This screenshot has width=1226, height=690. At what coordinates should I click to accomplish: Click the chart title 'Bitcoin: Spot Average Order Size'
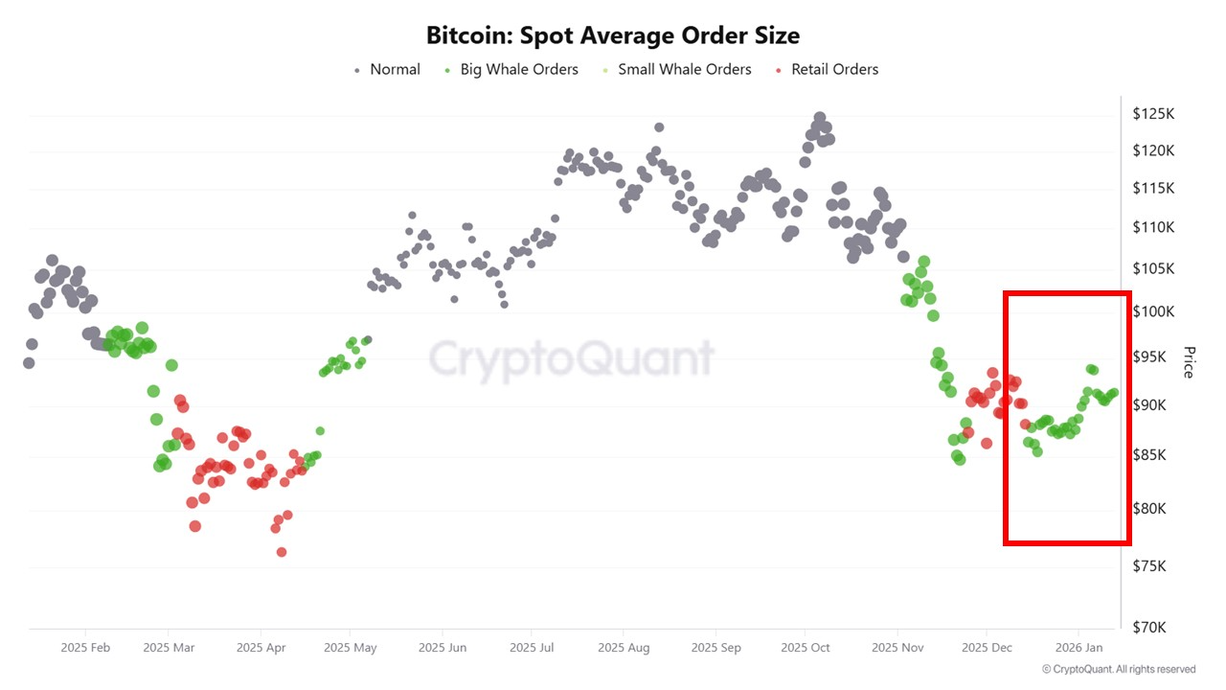613,35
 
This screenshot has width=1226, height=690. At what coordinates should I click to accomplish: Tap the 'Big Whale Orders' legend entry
519,69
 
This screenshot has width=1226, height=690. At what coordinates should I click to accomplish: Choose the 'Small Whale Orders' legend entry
684,69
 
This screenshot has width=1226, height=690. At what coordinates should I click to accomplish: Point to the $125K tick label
1153,114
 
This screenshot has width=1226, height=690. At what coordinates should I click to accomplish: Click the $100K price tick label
1153,311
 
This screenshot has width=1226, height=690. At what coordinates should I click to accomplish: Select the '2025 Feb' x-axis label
85,648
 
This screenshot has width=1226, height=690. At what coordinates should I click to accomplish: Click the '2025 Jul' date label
533,648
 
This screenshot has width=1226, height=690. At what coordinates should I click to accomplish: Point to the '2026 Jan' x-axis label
1079,648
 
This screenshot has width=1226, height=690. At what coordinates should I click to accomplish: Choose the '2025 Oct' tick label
806,648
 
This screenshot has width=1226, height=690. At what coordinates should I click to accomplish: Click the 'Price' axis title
1189,361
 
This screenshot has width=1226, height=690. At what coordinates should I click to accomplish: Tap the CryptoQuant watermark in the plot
571,359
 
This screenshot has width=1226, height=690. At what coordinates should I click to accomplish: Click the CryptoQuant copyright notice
1119,670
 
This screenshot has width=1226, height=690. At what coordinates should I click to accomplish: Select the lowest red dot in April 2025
282,552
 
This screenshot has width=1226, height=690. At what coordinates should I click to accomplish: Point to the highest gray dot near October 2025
819,118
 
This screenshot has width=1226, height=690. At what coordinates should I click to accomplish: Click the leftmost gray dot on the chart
29,363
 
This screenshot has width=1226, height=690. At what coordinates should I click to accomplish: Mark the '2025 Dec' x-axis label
987,648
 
